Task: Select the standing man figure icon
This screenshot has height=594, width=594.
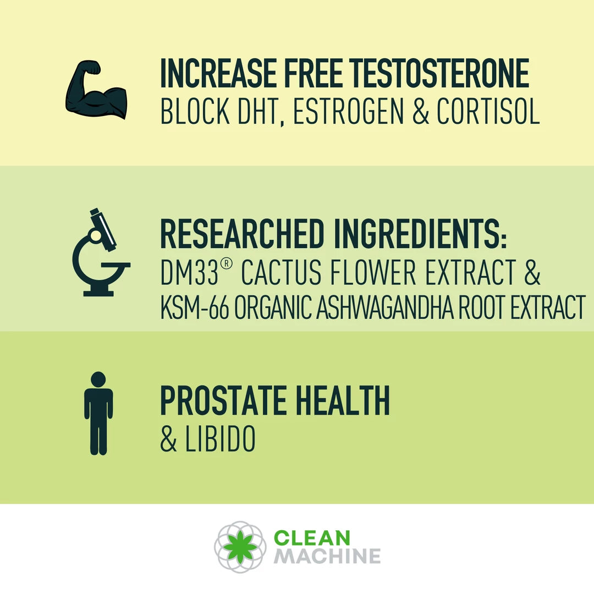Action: click(98, 413)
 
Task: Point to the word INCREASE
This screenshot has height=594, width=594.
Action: click(218, 73)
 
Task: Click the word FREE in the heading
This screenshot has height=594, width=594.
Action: click(313, 73)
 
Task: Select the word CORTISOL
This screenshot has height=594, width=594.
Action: click(488, 111)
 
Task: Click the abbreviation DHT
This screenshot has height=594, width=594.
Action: click(261, 112)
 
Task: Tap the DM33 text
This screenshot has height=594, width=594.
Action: click(189, 272)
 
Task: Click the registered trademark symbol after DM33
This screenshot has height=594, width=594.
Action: click(226, 263)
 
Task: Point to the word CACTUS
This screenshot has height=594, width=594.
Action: click(281, 272)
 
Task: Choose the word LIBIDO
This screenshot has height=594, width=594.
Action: click(220, 439)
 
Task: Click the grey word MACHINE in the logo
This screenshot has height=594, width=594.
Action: click(327, 556)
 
